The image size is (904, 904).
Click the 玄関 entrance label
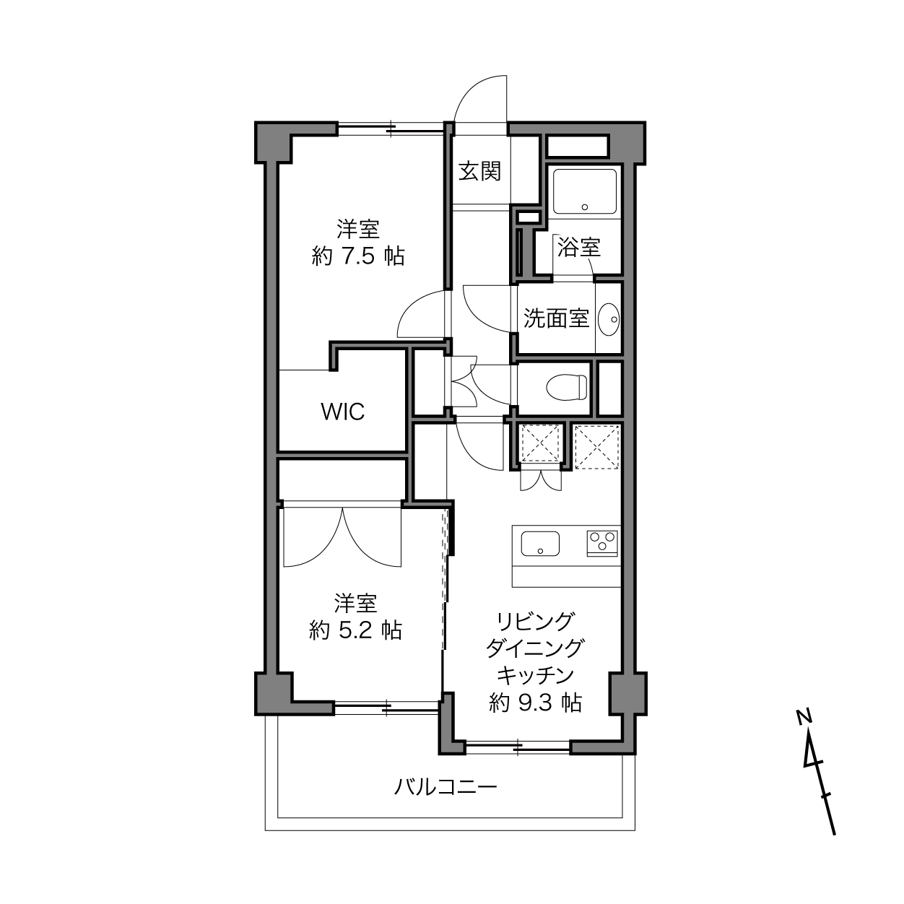(x=479, y=171)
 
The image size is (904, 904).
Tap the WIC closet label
(x=343, y=412)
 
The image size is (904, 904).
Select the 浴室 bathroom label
(x=579, y=247)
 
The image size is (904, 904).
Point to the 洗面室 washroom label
(x=557, y=318)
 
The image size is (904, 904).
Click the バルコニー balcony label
(x=446, y=786)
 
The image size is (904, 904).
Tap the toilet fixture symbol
(x=568, y=387)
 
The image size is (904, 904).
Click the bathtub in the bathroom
(x=585, y=191)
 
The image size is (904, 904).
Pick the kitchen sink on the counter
(x=540, y=543)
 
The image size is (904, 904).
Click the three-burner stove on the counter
(x=602, y=543)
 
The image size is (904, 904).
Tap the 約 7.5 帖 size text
(x=358, y=256)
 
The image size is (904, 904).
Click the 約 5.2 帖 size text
(x=355, y=630)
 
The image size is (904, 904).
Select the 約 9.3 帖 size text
(x=535, y=703)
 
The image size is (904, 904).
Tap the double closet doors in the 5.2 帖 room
(x=342, y=536)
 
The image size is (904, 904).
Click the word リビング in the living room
(x=535, y=621)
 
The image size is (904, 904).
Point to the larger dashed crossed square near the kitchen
(x=597, y=447)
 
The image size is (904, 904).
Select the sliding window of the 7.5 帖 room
(x=391, y=129)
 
